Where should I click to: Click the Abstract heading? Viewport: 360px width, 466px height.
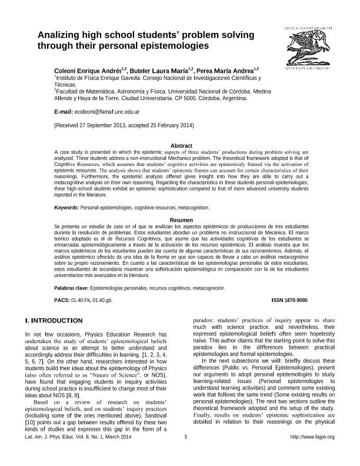[x=181, y=145]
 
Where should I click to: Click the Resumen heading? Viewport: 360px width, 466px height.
[x=181, y=219]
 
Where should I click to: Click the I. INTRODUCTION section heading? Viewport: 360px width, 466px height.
[x=54, y=321]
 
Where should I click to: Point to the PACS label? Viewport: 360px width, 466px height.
[x=61, y=300]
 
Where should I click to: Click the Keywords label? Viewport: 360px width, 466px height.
[x=66, y=208]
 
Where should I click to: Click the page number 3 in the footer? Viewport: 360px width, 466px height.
[x=185, y=452]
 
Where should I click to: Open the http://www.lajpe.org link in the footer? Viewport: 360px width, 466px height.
[x=312, y=452]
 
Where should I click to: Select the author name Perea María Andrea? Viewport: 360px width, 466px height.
[x=226, y=70]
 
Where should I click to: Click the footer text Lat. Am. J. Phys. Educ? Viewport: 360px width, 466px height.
[x=54, y=452]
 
